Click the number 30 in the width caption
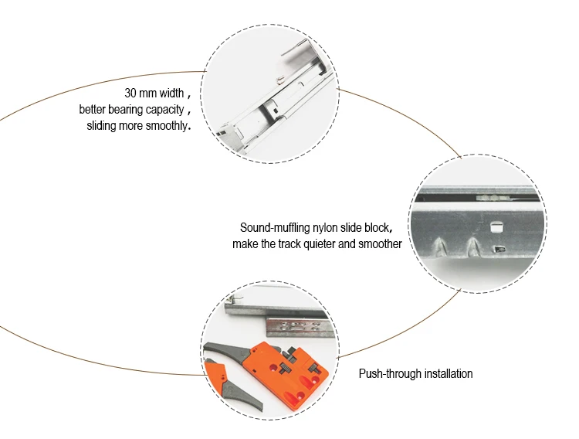pyautogui.click(x=130, y=93)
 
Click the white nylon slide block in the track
pyautogui.click(x=497, y=226)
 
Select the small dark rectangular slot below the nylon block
pyautogui.click(x=499, y=249)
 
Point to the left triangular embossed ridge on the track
pyautogui.click(x=440, y=247)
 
